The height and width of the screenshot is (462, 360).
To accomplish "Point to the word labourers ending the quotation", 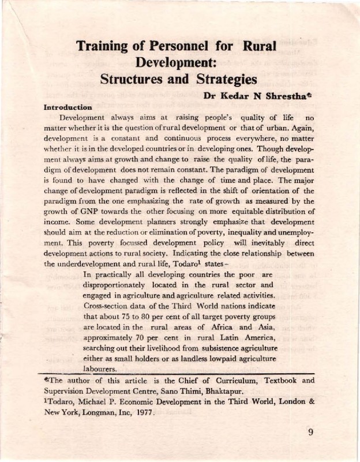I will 104,369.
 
